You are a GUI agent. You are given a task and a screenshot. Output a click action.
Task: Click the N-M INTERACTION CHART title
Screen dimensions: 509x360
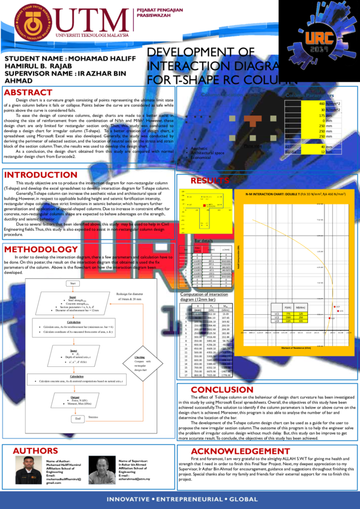tap(296, 195)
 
